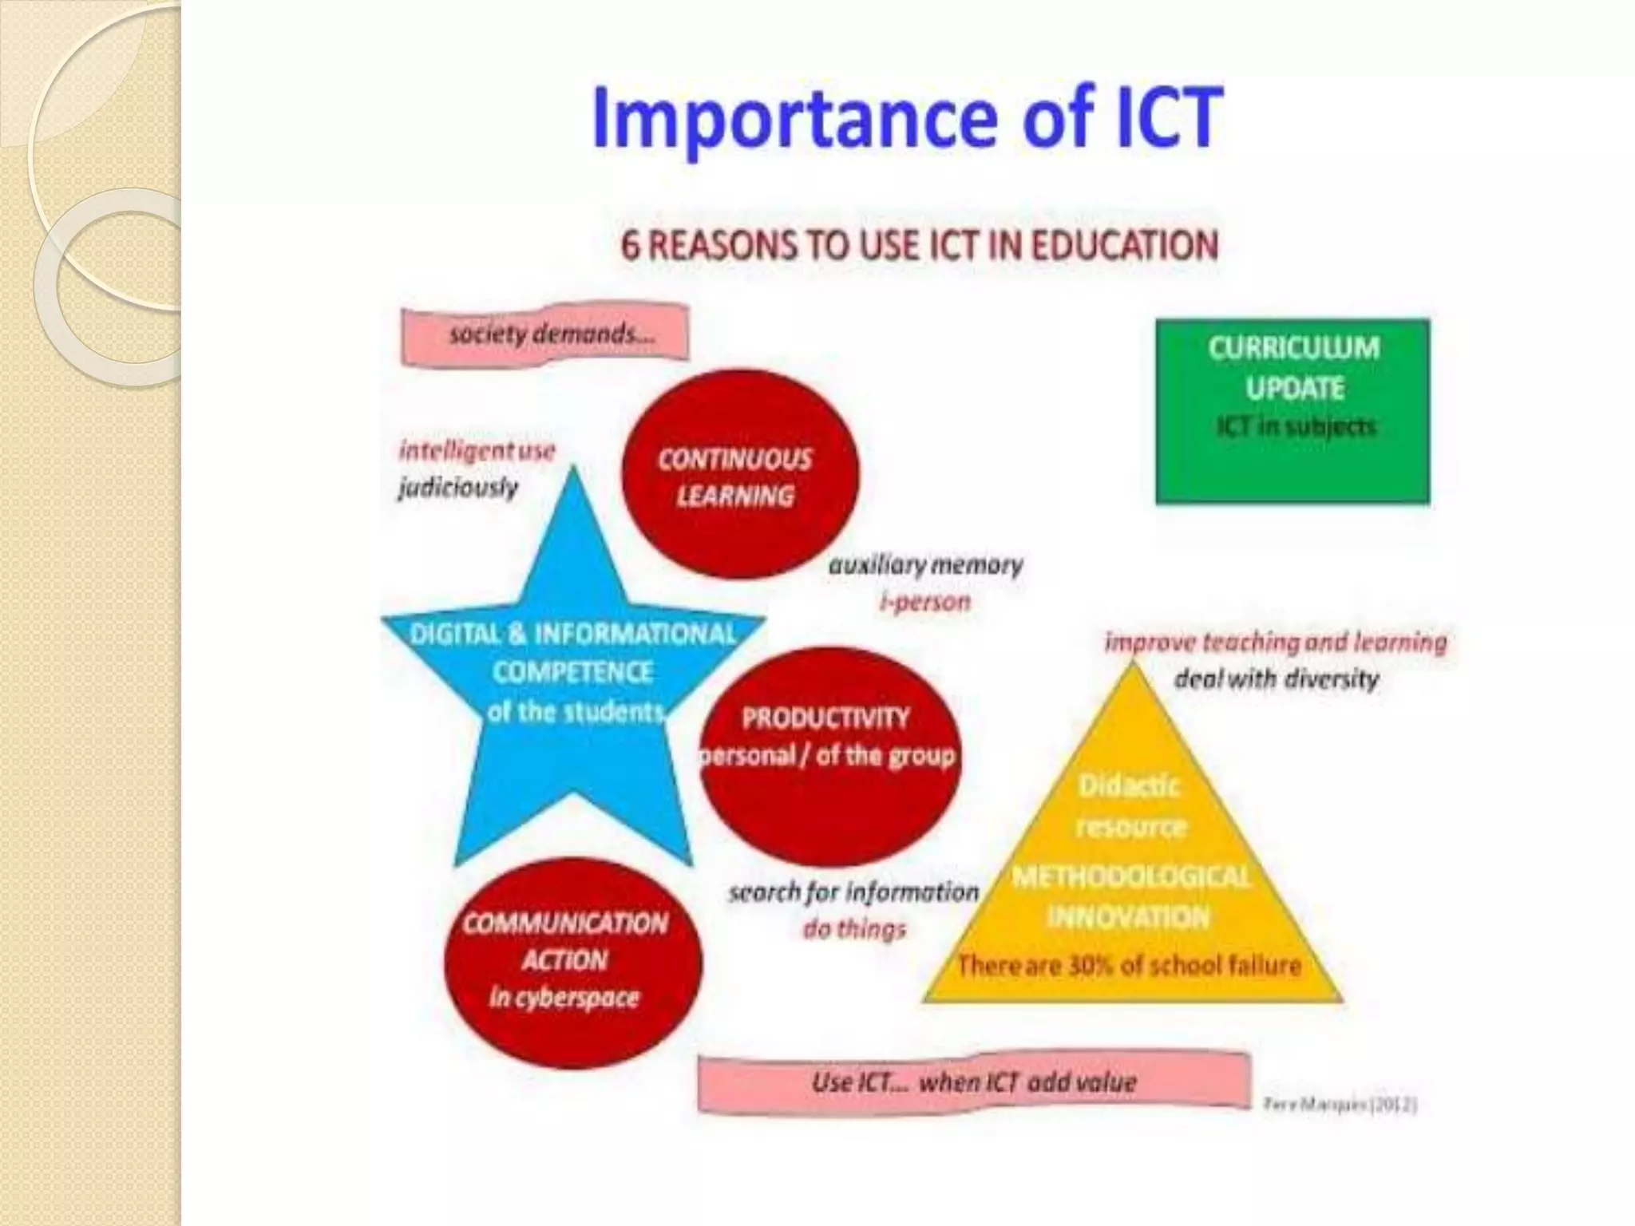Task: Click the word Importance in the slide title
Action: click(x=794, y=120)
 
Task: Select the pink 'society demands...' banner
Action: click(x=546, y=334)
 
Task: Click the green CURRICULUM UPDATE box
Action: click(x=1293, y=411)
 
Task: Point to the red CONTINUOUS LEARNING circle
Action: click(x=739, y=475)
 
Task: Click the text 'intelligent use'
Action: click(x=477, y=451)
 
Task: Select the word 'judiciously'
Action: click(x=458, y=487)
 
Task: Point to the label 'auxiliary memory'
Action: click(x=925, y=565)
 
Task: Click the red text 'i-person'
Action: click(x=924, y=602)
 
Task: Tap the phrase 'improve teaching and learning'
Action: click(x=1275, y=643)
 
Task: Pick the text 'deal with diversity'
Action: click(x=1276, y=679)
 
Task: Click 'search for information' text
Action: click(x=853, y=892)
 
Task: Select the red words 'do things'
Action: click(x=853, y=929)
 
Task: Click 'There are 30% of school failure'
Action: click(x=1129, y=966)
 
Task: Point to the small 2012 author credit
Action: click(x=1340, y=1105)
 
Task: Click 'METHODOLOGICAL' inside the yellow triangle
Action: click(x=1130, y=877)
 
